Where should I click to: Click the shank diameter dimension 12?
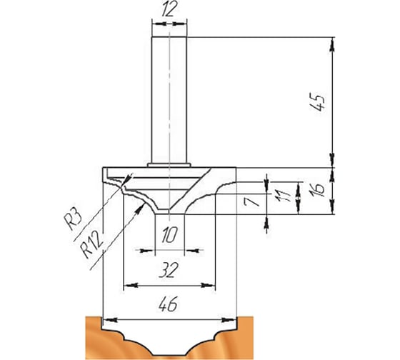[169, 10]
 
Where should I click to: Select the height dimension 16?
[318, 189]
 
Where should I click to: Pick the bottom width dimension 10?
[169, 235]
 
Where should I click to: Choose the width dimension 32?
[168, 270]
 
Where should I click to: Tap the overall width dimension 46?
[169, 304]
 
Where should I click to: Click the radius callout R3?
[72, 219]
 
